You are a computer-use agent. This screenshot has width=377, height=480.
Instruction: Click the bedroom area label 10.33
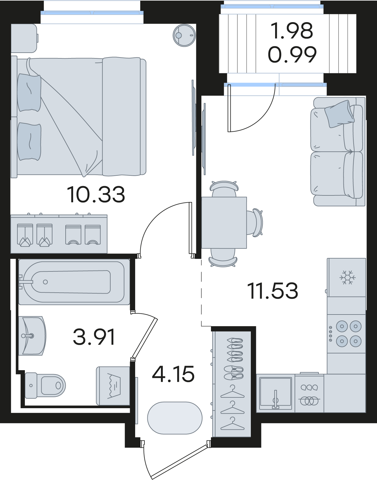pos(96,195)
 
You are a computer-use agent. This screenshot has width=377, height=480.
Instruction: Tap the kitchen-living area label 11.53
pos(274,291)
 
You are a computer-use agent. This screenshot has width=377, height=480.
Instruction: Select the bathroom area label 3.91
pos(94,337)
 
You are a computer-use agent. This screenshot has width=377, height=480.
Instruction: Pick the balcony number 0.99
pos(292,54)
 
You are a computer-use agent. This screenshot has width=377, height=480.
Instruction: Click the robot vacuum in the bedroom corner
pos(184,35)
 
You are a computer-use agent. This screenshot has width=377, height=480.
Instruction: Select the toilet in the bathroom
pos(45,385)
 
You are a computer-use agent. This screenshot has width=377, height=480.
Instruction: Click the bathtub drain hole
pos(45,282)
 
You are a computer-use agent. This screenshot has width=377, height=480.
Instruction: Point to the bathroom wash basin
pos(32,336)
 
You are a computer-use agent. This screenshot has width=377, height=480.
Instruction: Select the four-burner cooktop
pos(346,334)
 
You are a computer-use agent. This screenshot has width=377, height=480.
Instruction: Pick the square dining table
pos(224,223)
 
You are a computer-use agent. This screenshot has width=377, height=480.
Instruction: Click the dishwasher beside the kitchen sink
pos(309,394)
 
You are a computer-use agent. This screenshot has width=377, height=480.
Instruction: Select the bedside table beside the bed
pos(24,38)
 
